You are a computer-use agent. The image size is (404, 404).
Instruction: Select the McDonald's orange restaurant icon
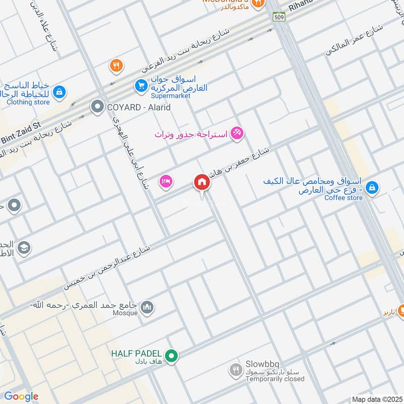258,4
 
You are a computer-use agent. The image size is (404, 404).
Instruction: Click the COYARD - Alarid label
138,107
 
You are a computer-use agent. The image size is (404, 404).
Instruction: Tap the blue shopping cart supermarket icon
141,86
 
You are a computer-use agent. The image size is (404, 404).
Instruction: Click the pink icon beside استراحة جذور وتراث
237,134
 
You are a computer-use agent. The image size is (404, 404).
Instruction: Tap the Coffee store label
343,198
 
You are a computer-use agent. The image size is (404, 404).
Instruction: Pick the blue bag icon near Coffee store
372,187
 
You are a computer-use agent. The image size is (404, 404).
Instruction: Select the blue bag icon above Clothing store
60,91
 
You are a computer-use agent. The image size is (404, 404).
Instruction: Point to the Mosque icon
147,307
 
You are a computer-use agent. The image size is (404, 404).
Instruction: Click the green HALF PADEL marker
172,357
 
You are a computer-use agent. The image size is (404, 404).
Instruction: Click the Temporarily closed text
275,379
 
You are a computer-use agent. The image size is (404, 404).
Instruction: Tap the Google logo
21,396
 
